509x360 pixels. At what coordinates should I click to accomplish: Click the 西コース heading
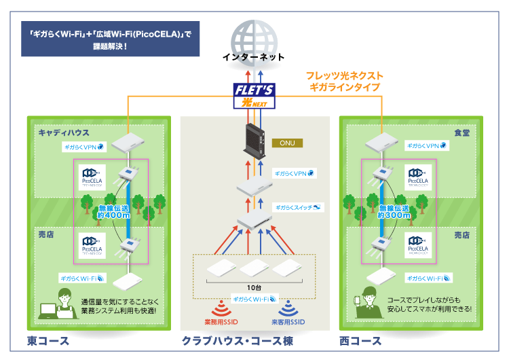pos(360,340)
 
